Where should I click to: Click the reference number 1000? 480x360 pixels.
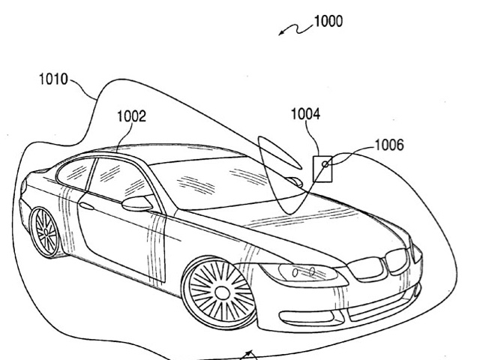[x=328, y=22]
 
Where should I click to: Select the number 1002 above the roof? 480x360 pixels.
[x=131, y=116]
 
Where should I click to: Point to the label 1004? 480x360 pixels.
[x=305, y=114]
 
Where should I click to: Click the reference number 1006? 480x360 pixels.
[x=388, y=145]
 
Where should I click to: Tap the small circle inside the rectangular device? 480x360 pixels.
[x=325, y=163]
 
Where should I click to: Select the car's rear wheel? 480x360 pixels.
[x=44, y=231]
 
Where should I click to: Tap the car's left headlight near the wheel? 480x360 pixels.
[x=296, y=271]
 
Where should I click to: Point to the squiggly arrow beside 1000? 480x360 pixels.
[x=294, y=28]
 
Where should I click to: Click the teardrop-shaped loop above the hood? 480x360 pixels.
[x=277, y=169]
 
